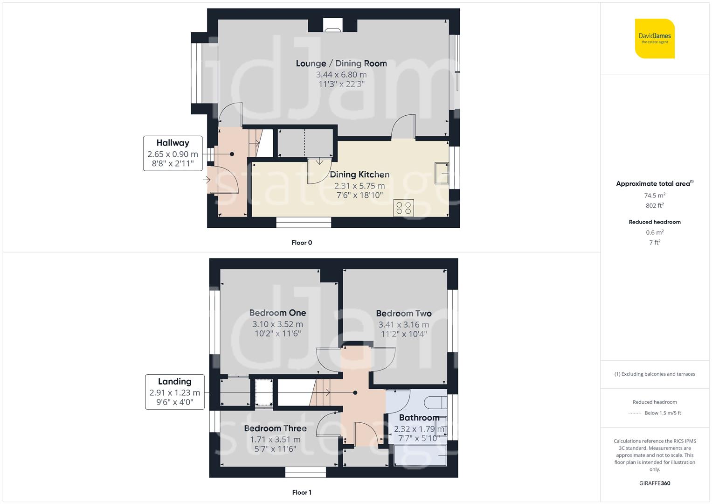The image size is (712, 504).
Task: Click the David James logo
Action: pos(655,38)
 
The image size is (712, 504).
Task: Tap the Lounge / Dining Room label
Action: pos(341,63)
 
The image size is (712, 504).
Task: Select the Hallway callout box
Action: pos(173,153)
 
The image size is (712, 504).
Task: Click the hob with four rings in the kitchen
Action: pos(403,208)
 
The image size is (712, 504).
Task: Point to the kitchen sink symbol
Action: pos(441,173)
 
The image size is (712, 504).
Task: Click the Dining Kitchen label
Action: pos(359,175)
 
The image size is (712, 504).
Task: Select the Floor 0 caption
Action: pos(302,243)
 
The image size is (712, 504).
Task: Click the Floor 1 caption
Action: pos(302,492)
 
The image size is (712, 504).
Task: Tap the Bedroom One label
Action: pos(277,313)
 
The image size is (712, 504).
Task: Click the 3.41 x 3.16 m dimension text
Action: pos(403,324)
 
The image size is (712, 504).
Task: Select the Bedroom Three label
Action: pos(275,428)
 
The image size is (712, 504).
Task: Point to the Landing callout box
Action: pos(174,392)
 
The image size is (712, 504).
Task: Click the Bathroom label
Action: pos(419,418)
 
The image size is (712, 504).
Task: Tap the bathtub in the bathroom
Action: pos(420,455)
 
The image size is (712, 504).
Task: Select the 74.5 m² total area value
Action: pos(655,196)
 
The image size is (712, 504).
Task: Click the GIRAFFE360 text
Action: pos(655,483)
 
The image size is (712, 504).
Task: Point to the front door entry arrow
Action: pos(207,179)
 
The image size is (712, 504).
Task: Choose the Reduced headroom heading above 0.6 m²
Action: pos(655,222)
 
